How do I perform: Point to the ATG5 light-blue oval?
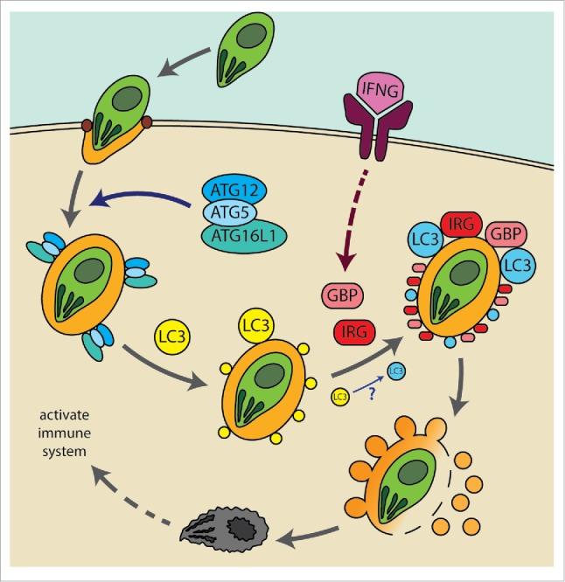(234, 212)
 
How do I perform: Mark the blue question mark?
(370, 392)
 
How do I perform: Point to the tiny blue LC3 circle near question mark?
(394, 371)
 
